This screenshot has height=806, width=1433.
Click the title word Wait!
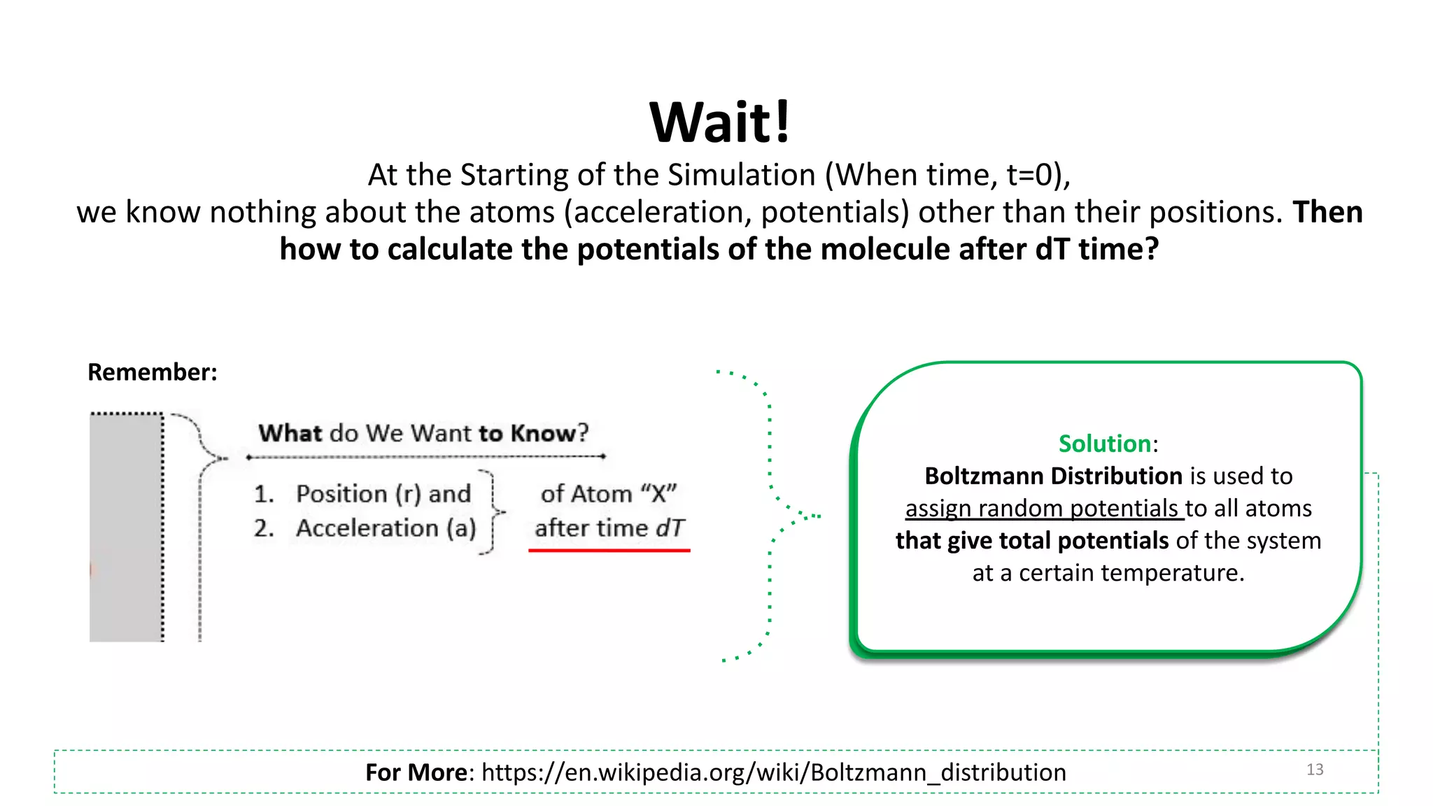(x=719, y=122)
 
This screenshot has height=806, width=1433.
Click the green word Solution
(x=1104, y=444)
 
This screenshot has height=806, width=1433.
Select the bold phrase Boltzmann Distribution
(x=1053, y=476)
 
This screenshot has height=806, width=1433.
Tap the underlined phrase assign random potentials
(x=1042, y=508)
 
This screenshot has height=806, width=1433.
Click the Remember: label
(x=152, y=372)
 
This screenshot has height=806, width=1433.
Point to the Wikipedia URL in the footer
(x=773, y=772)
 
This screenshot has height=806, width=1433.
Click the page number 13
(x=1314, y=770)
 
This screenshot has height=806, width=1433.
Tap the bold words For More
(x=416, y=772)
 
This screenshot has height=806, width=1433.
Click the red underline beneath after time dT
(x=609, y=551)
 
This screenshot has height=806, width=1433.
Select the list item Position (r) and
(x=383, y=494)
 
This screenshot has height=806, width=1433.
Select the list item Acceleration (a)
(x=386, y=528)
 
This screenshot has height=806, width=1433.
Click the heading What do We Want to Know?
(x=423, y=433)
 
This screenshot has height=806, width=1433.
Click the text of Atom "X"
(x=608, y=494)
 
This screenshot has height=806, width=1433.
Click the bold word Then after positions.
(x=1327, y=212)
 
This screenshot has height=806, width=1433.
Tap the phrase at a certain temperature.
(x=1108, y=573)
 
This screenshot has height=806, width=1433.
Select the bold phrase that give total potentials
(x=1032, y=541)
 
